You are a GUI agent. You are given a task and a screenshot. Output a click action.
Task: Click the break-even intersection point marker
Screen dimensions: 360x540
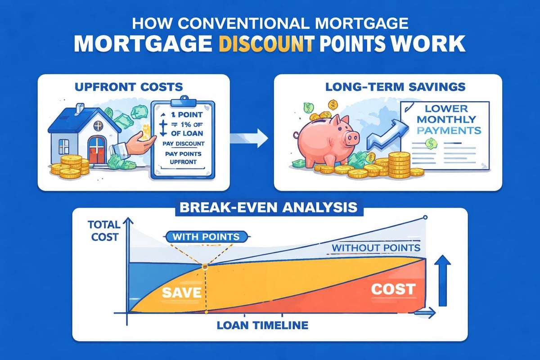[205, 266]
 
